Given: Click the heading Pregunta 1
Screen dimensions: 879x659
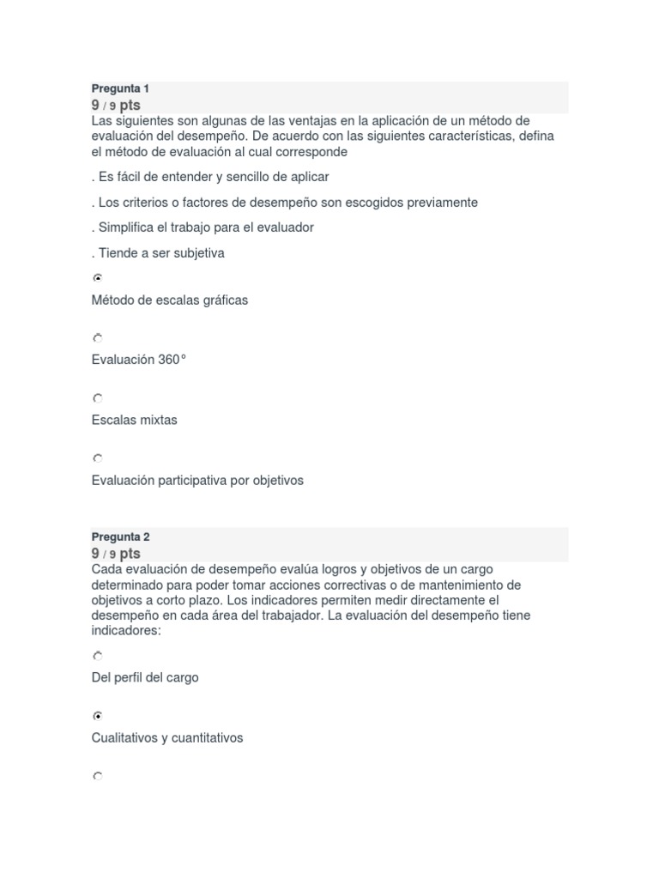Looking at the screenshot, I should click(120, 88).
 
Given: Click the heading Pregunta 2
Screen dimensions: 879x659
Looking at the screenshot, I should click(120, 536).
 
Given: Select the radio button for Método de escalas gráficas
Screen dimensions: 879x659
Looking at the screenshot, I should click(98, 278).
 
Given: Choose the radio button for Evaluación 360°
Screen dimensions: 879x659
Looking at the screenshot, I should click(98, 338).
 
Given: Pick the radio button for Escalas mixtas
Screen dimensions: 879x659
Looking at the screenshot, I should click(98, 398).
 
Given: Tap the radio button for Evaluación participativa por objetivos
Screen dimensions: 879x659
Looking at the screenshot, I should click(98, 458).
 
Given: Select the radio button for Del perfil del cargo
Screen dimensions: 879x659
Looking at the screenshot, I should click(98, 656).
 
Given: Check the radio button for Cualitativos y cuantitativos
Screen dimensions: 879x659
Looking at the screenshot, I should click(98, 716).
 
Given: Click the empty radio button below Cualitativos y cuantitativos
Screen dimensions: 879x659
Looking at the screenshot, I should click(98, 776).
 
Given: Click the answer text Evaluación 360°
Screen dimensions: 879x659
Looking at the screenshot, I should click(138, 360).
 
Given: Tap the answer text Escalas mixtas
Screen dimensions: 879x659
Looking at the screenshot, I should click(134, 420).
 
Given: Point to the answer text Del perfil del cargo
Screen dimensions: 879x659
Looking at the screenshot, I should click(144, 677).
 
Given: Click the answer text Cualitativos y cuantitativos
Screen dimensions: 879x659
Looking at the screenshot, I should click(166, 737).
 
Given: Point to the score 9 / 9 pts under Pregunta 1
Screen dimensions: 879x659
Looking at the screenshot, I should click(116, 105).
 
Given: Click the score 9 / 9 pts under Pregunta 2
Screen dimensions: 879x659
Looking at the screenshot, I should click(116, 554).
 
